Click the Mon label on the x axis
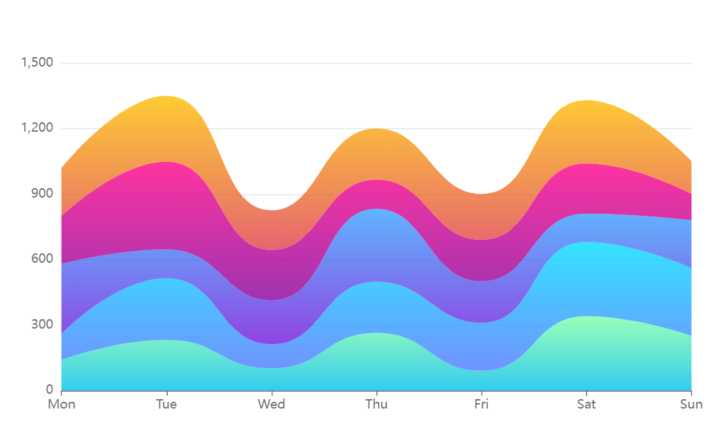click(61, 405)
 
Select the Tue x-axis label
click(166, 405)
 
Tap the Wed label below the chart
click(272, 405)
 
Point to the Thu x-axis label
click(376, 405)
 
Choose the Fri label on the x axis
click(482, 405)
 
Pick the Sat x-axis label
click(586, 405)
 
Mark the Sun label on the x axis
click(691, 405)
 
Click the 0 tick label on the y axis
click(49, 390)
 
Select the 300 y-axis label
click(42, 325)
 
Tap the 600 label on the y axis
click(42, 259)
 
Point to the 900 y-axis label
click(42, 194)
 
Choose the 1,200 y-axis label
click(38, 128)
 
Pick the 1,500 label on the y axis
click(38, 63)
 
